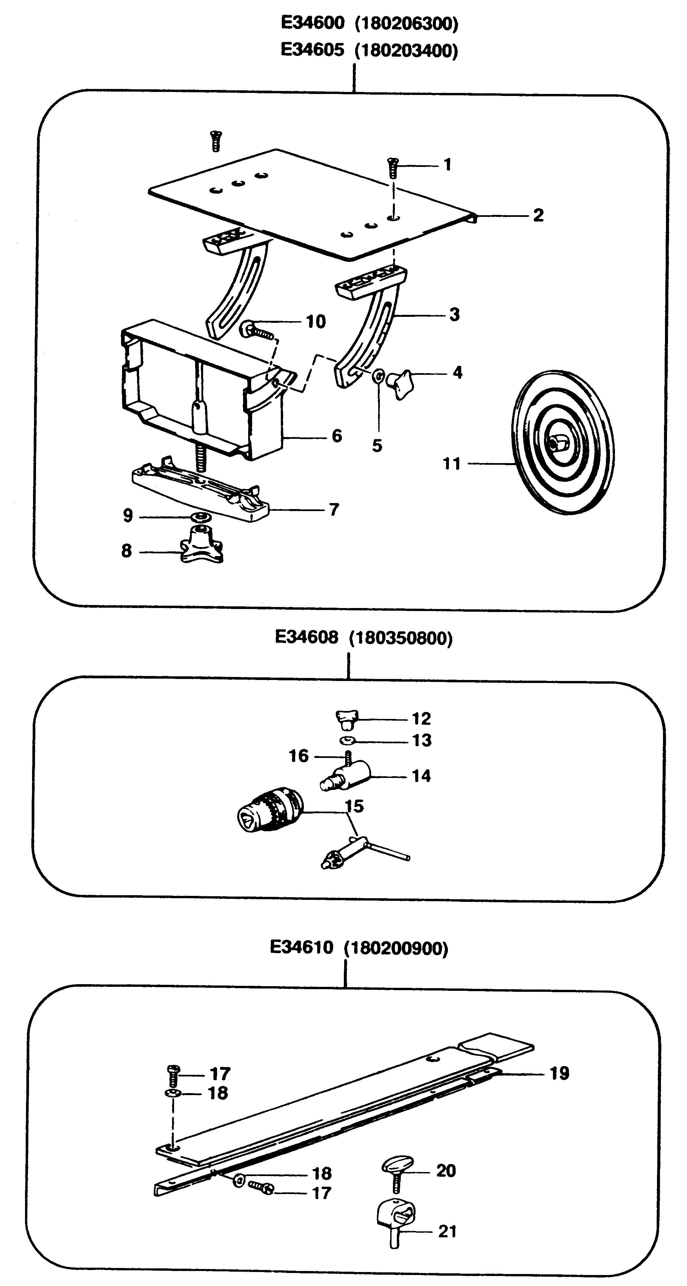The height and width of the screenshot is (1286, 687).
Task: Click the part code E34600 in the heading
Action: pos(312,23)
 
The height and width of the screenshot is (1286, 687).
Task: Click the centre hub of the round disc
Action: pos(556,443)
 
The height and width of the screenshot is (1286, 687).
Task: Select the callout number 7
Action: pos(334,510)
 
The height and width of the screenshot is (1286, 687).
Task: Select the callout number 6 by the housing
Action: pos(337,436)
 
